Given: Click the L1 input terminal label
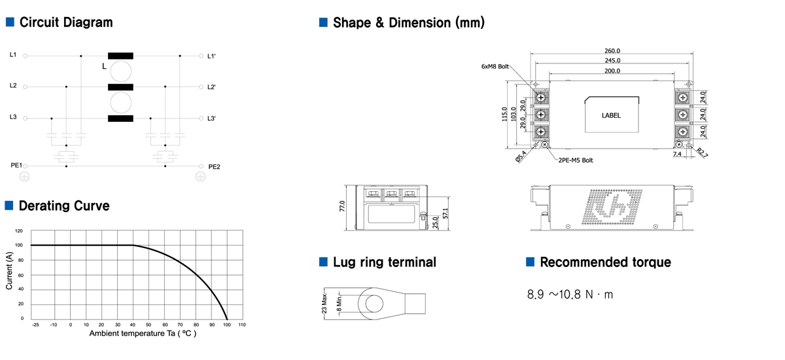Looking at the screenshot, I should coord(13,55).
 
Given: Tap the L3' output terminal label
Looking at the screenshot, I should coord(211,118).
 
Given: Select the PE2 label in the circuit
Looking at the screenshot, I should coord(214,167).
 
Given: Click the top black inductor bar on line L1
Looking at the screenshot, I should coord(120,56).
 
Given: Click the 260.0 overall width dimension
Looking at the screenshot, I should coord(612,50).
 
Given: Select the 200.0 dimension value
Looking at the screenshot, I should coord(612,71).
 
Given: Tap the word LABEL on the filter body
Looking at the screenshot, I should coord(610,115).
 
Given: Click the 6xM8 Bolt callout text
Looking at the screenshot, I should coord(495,66).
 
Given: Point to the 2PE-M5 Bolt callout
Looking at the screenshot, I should coord(576,160).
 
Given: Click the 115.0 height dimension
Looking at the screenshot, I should coord(505,115).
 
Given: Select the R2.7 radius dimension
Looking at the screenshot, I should coord(701,153).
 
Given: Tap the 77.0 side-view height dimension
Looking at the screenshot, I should coord(341,206).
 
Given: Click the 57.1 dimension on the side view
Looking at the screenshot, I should coord(446,214).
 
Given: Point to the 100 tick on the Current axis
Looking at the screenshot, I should coord(18,245).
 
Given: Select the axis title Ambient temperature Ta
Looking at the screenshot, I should coord(143,333).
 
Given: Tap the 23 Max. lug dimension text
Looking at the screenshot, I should coord(325,303).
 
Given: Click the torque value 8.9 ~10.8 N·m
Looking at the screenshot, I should coord(570,295).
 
